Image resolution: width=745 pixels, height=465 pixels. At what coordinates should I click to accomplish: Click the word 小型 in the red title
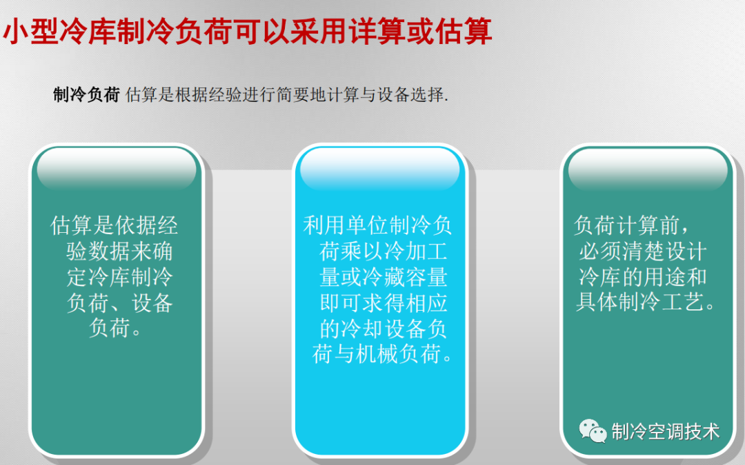tap(31, 31)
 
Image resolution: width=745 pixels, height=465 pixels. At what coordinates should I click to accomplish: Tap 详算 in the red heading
tap(377, 31)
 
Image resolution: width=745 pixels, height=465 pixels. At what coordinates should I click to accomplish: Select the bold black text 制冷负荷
tap(86, 94)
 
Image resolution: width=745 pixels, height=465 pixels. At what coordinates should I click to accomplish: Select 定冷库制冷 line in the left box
tap(119, 277)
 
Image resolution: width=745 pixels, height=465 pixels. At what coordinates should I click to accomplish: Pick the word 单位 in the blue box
tap(366, 225)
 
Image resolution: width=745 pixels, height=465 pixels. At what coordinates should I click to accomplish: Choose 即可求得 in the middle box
tap(362, 302)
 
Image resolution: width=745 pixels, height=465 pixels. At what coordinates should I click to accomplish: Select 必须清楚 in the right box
tap(621, 251)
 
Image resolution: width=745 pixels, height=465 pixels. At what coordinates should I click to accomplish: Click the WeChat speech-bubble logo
tap(593, 431)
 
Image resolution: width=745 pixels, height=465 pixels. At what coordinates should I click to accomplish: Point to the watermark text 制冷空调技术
tap(665, 431)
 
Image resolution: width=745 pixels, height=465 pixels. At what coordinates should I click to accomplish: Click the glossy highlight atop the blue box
tap(379, 170)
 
